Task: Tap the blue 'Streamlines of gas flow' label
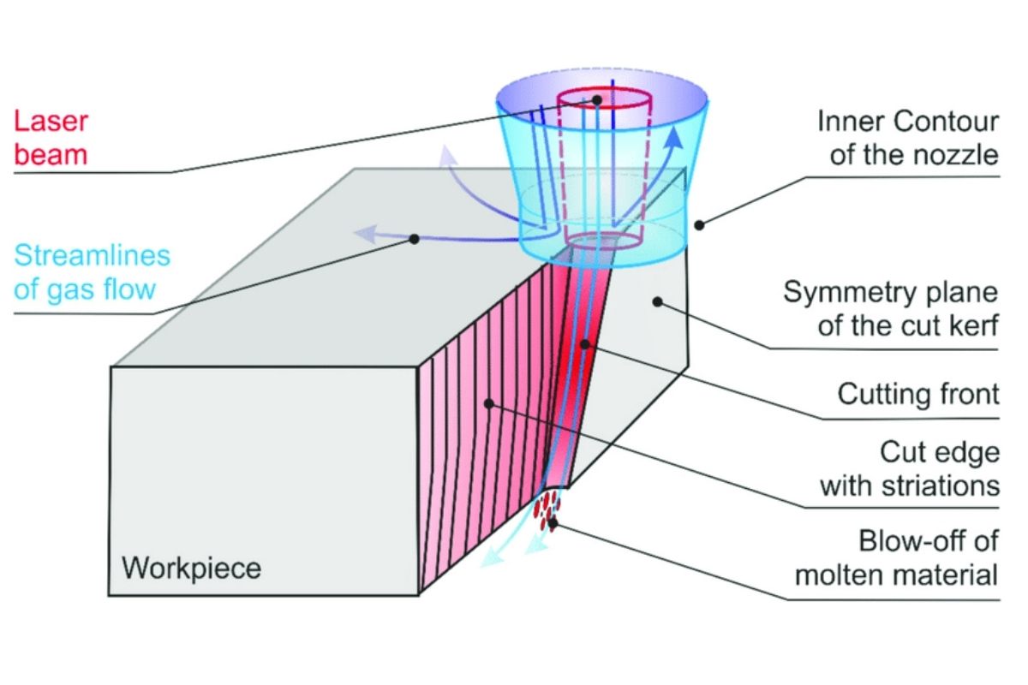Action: (x=93, y=271)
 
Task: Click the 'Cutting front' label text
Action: (x=918, y=394)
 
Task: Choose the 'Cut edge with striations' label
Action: (x=910, y=469)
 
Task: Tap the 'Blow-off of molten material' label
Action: (x=897, y=557)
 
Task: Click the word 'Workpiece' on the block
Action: (x=191, y=568)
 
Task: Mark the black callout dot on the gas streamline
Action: (x=415, y=239)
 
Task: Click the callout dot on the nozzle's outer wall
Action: (x=699, y=225)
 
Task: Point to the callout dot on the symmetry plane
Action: (x=657, y=300)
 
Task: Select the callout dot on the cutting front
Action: (x=584, y=344)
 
